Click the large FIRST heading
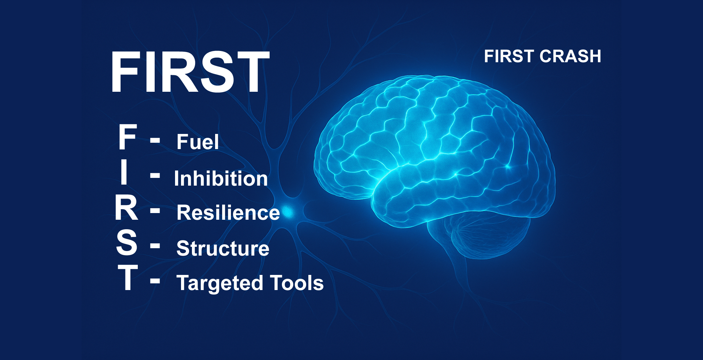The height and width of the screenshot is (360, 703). coord(190,72)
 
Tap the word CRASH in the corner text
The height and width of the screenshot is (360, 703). coord(570,56)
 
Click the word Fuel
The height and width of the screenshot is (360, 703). coord(198,142)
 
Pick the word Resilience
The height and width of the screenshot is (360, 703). coord(228,212)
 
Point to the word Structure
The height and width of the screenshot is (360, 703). coord(223,248)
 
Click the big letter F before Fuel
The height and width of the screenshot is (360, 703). coord(127,137)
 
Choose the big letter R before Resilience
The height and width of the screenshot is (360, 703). coord(126,208)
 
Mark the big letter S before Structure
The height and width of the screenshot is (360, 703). coord(127,242)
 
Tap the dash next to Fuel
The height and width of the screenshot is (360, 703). coord(155,140)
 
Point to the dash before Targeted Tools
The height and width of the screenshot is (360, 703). coord(155,281)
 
